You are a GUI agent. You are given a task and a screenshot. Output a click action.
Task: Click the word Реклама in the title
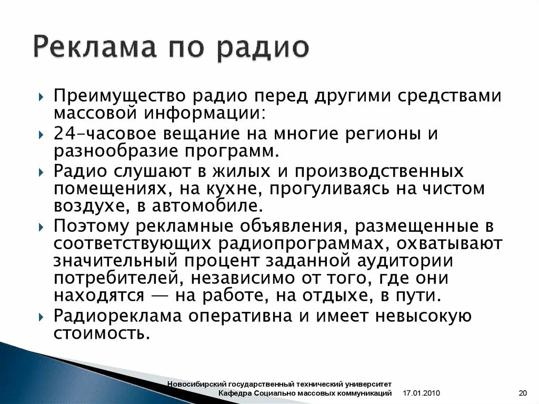(95, 47)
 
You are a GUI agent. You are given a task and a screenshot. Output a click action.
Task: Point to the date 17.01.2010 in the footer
(421, 393)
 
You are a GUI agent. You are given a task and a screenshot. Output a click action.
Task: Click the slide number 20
(523, 393)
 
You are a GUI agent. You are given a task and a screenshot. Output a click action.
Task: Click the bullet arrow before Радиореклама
(42, 317)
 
